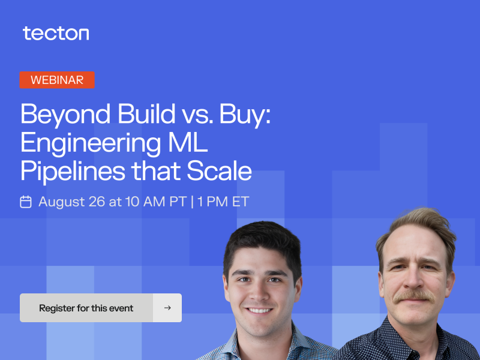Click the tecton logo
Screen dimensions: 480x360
[56, 34]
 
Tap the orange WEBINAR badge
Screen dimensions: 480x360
[57, 80]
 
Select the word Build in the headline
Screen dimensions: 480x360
[146, 113]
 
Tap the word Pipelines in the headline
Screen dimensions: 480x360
[73, 172]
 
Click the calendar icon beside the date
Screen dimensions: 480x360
[26, 202]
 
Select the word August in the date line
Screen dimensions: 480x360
[62, 202]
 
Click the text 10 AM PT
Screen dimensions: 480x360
[156, 202]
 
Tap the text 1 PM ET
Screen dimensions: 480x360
[223, 202]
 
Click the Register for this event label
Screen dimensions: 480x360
[86, 308]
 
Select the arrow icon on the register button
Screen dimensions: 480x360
[167, 308]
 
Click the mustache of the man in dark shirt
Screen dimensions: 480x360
[415, 296]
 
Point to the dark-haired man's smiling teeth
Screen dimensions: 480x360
[259, 311]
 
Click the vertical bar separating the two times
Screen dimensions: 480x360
[192, 202]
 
